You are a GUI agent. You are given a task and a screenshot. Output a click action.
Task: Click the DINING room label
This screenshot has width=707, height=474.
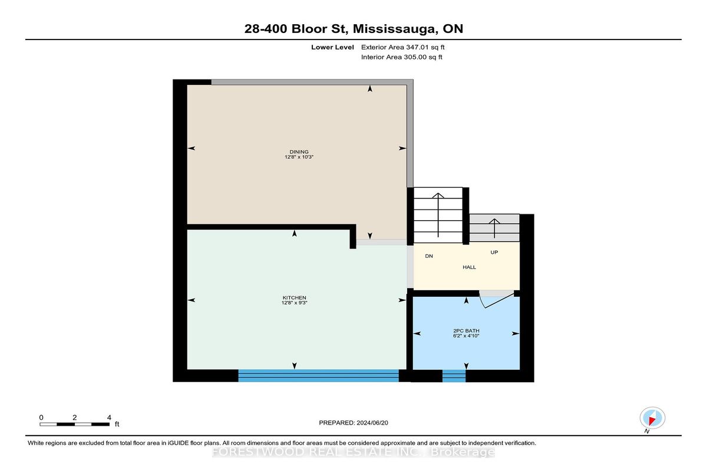coord(299,152)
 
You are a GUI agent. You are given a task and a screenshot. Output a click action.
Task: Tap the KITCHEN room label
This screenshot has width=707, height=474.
coord(294,298)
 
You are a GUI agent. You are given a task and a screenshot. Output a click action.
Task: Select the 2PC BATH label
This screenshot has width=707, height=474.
coord(466,331)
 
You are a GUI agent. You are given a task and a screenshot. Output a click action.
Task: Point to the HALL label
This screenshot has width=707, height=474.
coord(470,267)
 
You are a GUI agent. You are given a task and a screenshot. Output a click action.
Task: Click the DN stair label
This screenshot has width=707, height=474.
coord(429,256)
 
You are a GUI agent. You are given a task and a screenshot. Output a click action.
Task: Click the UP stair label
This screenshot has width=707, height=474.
coord(494,252)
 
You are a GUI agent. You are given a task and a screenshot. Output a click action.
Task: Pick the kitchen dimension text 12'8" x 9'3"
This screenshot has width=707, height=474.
coord(295,303)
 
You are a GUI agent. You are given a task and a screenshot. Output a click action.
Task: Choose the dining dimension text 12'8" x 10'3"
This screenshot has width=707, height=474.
coord(299,157)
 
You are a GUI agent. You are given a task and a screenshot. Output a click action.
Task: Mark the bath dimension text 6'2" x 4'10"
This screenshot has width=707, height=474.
coord(466,336)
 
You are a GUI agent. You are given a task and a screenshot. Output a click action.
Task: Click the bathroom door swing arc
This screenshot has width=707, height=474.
coord(482,302)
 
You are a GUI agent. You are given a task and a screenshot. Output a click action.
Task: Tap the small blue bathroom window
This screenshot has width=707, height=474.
coord(454,376)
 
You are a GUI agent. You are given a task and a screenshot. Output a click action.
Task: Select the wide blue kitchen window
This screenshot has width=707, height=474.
coord(319,376)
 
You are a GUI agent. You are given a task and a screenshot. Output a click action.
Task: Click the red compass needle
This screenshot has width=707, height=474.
coord(652,420)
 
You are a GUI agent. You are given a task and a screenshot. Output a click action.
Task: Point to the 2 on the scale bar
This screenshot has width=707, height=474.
coord(74,417)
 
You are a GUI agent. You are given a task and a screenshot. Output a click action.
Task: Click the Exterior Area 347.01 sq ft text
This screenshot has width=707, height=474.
coord(403,47)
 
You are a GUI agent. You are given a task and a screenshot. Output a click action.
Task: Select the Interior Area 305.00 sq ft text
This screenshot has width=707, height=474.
coord(401,57)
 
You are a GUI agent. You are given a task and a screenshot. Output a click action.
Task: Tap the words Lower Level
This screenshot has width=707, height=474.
coord(332,47)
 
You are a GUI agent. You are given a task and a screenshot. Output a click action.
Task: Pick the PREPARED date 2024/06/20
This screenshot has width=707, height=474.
coord(372,423)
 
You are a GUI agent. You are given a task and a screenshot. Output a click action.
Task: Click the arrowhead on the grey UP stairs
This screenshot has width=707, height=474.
coord(494,221)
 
